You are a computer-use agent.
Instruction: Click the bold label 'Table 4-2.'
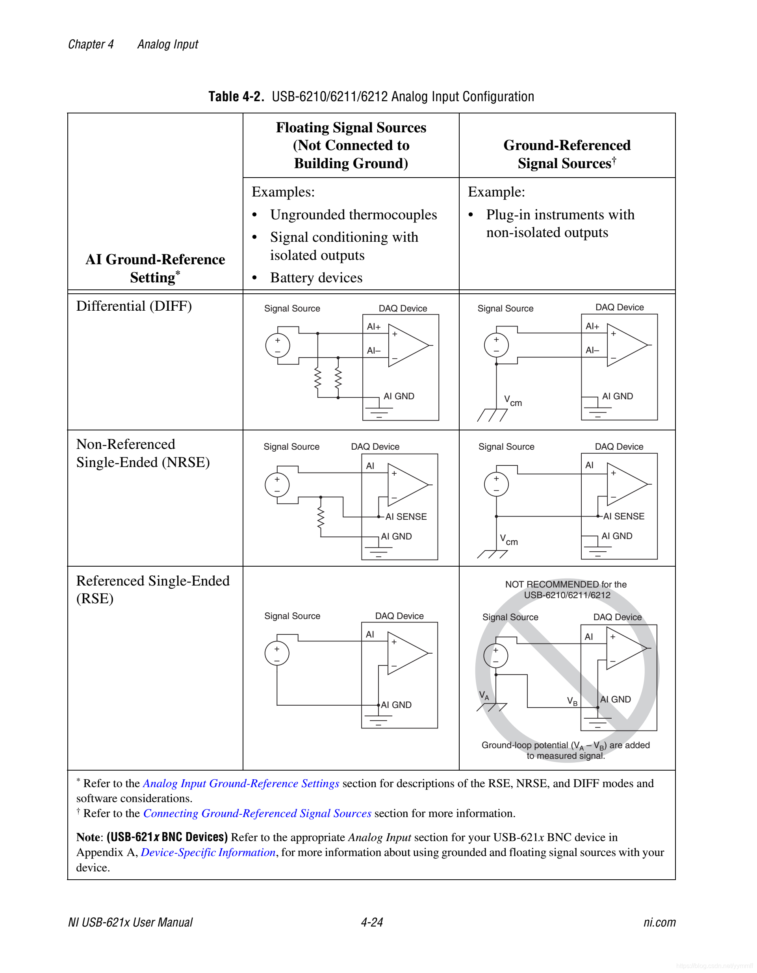(x=236, y=97)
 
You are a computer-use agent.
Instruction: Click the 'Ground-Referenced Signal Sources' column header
(x=567, y=154)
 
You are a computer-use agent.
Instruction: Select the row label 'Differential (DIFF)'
(x=134, y=306)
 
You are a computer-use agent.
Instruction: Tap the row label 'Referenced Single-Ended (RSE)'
(x=152, y=589)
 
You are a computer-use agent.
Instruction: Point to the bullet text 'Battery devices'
(x=316, y=278)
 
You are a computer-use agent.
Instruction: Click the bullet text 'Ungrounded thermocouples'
(x=353, y=215)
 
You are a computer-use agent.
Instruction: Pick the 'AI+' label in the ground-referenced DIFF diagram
(x=592, y=326)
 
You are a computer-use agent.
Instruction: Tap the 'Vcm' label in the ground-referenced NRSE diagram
(x=508, y=539)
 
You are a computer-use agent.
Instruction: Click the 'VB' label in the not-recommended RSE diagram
(x=572, y=701)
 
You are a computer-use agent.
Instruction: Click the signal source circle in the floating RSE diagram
(x=277, y=654)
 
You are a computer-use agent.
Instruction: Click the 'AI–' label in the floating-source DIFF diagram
(x=373, y=350)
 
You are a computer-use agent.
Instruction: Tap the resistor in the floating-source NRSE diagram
(x=320, y=518)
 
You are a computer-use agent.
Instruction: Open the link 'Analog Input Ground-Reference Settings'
(x=241, y=784)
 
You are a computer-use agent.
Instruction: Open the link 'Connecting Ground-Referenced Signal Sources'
(x=257, y=814)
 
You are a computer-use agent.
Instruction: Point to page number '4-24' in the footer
(x=371, y=922)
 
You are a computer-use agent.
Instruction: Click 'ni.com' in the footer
(x=659, y=922)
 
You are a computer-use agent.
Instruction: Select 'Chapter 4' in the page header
(x=91, y=44)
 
